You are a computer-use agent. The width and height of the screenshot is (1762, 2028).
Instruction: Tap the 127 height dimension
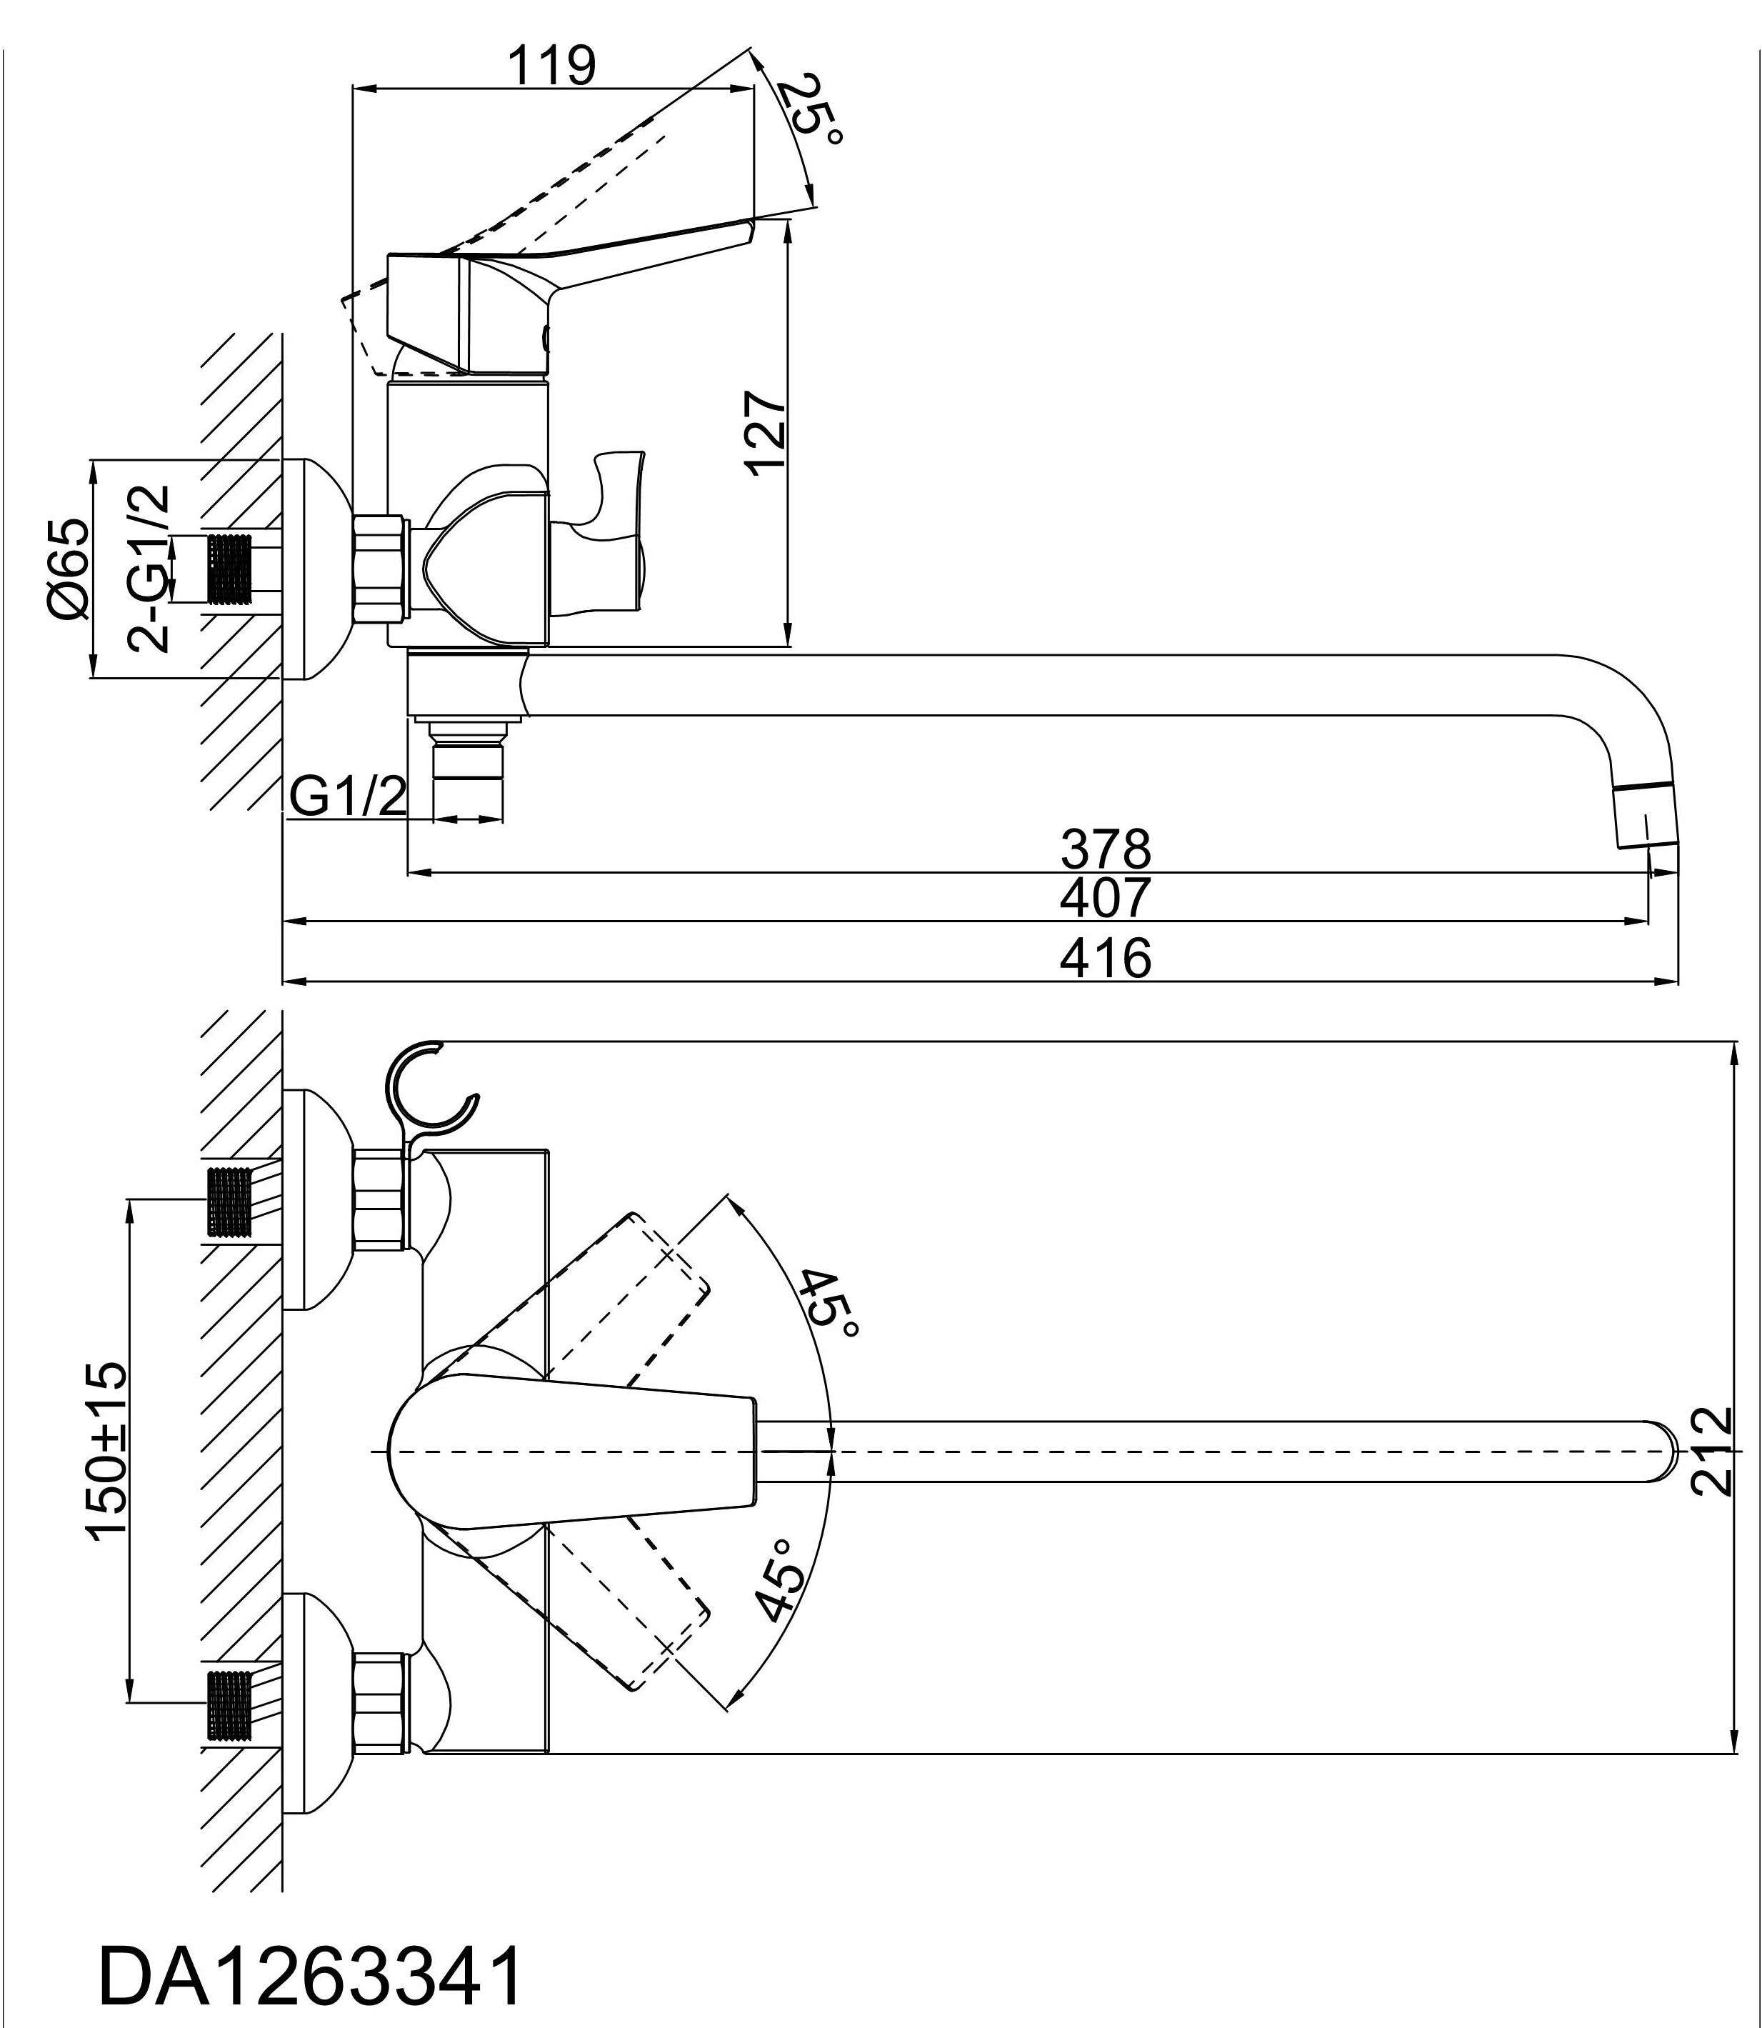(766, 434)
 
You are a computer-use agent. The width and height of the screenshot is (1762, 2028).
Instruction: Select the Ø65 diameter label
(69, 571)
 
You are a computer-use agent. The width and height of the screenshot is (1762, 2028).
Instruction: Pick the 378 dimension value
(1105, 848)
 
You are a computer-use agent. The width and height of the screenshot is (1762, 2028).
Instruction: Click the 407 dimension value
(1105, 897)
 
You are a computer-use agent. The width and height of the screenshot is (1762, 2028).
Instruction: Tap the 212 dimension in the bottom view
(1712, 1451)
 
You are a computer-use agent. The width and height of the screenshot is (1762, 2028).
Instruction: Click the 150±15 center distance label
(106, 1449)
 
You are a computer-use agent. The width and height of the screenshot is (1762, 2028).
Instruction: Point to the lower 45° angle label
(781, 1579)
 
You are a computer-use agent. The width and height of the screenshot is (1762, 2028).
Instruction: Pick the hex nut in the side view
(381, 566)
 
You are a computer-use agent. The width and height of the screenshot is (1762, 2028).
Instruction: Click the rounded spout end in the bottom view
(1662, 1451)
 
